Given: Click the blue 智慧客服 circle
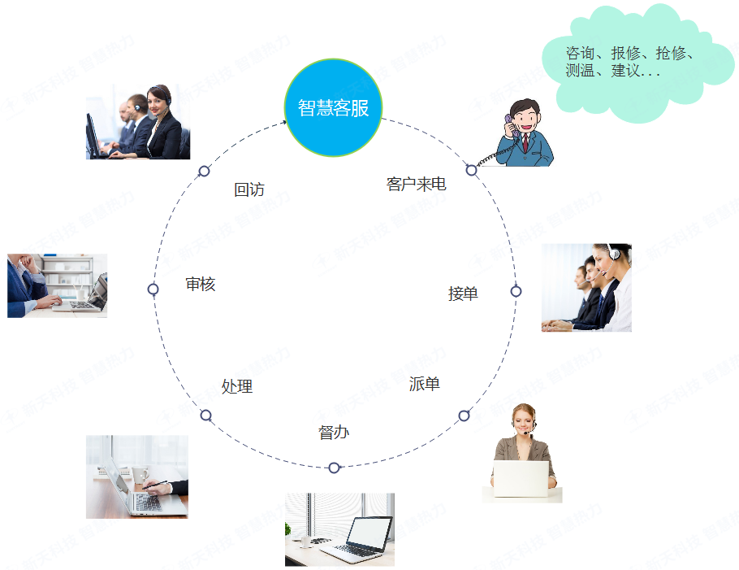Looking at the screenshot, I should click(333, 107).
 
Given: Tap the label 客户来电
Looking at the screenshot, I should click(416, 185).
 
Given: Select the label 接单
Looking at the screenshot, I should click(463, 294).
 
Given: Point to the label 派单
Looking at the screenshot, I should click(425, 384).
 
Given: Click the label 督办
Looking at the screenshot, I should click(334, 433).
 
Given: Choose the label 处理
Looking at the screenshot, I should click(237, 386).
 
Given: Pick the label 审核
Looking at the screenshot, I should click(200, 284).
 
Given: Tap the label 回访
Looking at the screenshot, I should click(249, 189).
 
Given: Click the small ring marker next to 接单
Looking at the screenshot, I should click(516, 291).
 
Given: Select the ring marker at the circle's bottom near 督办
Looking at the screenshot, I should click(334, 468).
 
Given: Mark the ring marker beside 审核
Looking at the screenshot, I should click(153, 289).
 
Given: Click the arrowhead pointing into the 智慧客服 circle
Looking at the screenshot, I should click(283, 123).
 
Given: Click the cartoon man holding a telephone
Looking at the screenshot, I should click(526, 134).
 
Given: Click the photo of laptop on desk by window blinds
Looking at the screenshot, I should click(339, 529).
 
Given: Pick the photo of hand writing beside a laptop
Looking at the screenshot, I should click(136, 476).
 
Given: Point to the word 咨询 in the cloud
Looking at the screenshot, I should click(580, 54).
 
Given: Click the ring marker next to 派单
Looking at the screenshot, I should click(464, 416).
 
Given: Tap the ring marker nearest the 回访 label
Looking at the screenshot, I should click(204, 171).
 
